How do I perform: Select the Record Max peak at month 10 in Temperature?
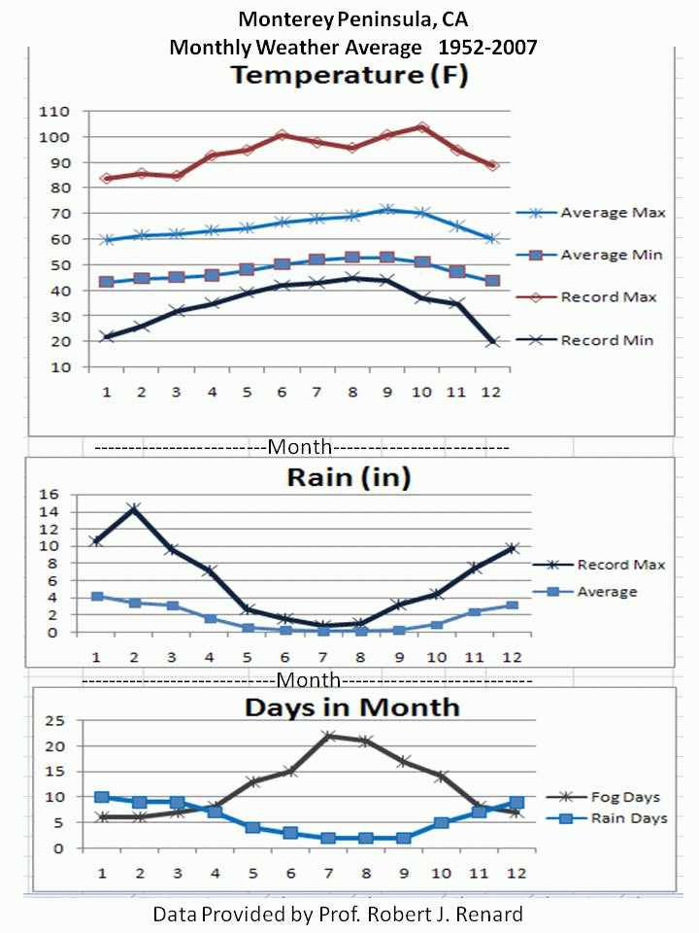tap(422, 127)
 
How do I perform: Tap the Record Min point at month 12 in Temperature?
tap(493, 341)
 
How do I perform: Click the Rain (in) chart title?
tap(348, 478)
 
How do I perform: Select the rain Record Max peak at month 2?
tap(134, 508)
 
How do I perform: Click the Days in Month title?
tap(351, 707)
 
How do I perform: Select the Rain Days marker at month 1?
tap(101, 797)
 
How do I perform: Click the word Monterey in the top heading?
tap(279, 19)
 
